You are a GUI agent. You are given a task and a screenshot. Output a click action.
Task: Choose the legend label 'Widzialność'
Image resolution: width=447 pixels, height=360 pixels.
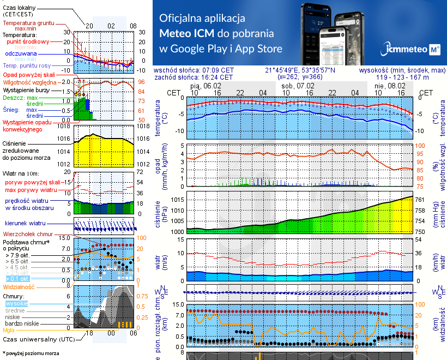(19, 286)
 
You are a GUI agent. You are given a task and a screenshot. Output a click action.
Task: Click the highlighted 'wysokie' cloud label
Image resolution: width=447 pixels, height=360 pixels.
(16, 303)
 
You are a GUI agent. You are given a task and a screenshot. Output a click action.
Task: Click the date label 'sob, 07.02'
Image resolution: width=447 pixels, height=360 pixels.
(299, 86)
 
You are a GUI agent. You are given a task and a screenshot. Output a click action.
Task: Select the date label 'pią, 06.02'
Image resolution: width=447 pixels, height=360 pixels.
(206, 86)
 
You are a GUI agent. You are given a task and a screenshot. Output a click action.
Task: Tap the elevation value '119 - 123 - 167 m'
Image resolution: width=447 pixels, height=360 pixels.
(402, 77)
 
